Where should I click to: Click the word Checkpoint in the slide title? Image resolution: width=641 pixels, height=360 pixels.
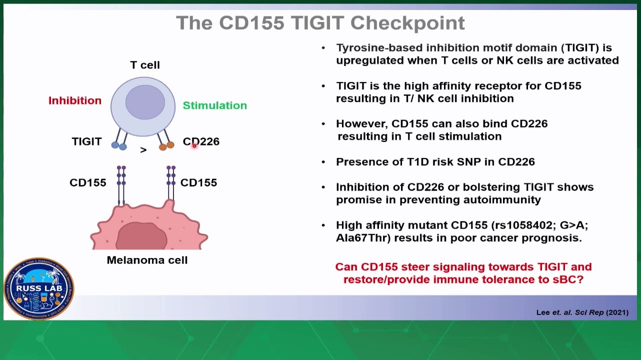pyautogui.click(x=407, y=23)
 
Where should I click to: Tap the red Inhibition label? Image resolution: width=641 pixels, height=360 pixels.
pyautogui.click(x=75, y=100)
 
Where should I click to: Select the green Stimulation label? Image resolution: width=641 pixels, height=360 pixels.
pyautogui.click(x=215, y=105)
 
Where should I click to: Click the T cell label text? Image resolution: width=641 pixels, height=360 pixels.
pyautogui.click(x=145, y=65)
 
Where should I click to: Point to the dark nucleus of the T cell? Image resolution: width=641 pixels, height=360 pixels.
pyautogui.click(x=145, y=102)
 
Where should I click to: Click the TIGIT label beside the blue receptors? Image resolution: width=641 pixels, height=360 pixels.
pyautogui.click(x=86, y=141)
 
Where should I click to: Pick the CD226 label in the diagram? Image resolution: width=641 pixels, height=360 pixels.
pyautogui.click(x=201, y=141)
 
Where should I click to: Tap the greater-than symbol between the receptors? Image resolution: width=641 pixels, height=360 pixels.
pyautogui.click(x=143, y=150)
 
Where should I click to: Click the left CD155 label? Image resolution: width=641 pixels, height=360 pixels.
pyautogui.click(x=88, y=182)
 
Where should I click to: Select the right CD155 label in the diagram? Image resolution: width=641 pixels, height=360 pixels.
pyautogui.click(x=199, y=182)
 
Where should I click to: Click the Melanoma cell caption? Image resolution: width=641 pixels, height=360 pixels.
pyautogui.click(x=147, y=260)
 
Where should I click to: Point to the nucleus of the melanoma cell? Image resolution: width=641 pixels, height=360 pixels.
pyautogui.click(x=141, y=236)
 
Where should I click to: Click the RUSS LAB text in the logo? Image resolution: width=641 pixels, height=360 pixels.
pyautogui.click(x=39, y=288)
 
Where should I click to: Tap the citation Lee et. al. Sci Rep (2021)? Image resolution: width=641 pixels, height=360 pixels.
pyautogui.click(x=582, y=312)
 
